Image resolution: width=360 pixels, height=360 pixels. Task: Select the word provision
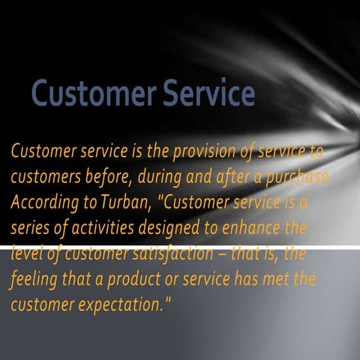click(203, 152)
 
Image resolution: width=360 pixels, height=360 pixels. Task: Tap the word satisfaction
click(165, 254)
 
